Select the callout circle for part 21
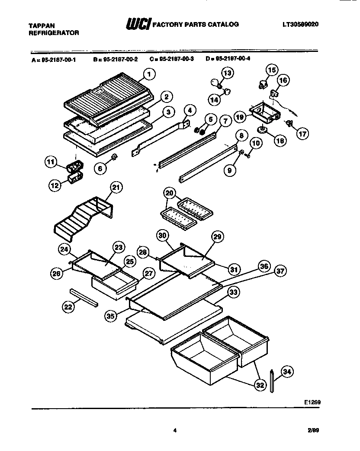click(x=116, y=187)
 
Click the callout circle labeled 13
click(x=228, y=73)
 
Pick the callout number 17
click(x=302, y=134)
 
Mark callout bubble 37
click(x=281, y=271)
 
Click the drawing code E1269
click(x=312, y=401)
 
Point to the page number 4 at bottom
click(x=175, y=430)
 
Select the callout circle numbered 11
click(x=51, y=163)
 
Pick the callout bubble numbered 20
click(x=169, y=193)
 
